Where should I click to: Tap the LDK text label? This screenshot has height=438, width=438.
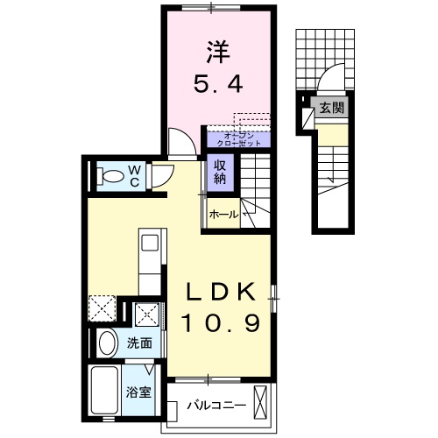[x=221, y=293]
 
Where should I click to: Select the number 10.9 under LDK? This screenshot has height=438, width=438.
[x=221, y=324]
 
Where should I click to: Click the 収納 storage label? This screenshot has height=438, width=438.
[x=218, y=172]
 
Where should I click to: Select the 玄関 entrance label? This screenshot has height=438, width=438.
[x=331, y=108]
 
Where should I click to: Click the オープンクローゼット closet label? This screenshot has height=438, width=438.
[x=238, y=138]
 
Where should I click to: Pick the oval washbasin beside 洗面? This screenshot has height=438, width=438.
[x=107, y=343]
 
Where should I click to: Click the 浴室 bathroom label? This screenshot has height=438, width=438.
[x=139, y=392]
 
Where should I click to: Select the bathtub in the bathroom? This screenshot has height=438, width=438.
[x=107, y=391]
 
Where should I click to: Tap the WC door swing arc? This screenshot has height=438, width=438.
[x=160, y=178]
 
